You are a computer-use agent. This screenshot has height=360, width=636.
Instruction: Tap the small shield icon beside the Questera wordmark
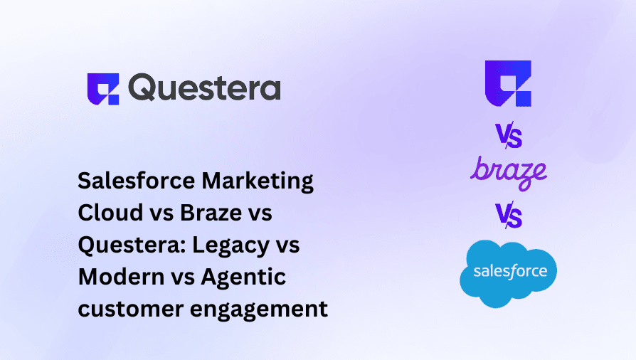(103, 89)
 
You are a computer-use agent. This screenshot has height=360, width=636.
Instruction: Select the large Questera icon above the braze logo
(507, 84)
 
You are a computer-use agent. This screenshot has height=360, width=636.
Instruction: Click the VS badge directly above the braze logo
(508, 135)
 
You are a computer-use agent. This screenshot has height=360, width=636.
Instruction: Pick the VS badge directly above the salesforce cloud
(508, 215)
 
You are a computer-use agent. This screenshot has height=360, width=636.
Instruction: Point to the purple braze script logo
(508, 173)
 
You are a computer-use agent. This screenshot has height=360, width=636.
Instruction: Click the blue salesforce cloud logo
(508, 272)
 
